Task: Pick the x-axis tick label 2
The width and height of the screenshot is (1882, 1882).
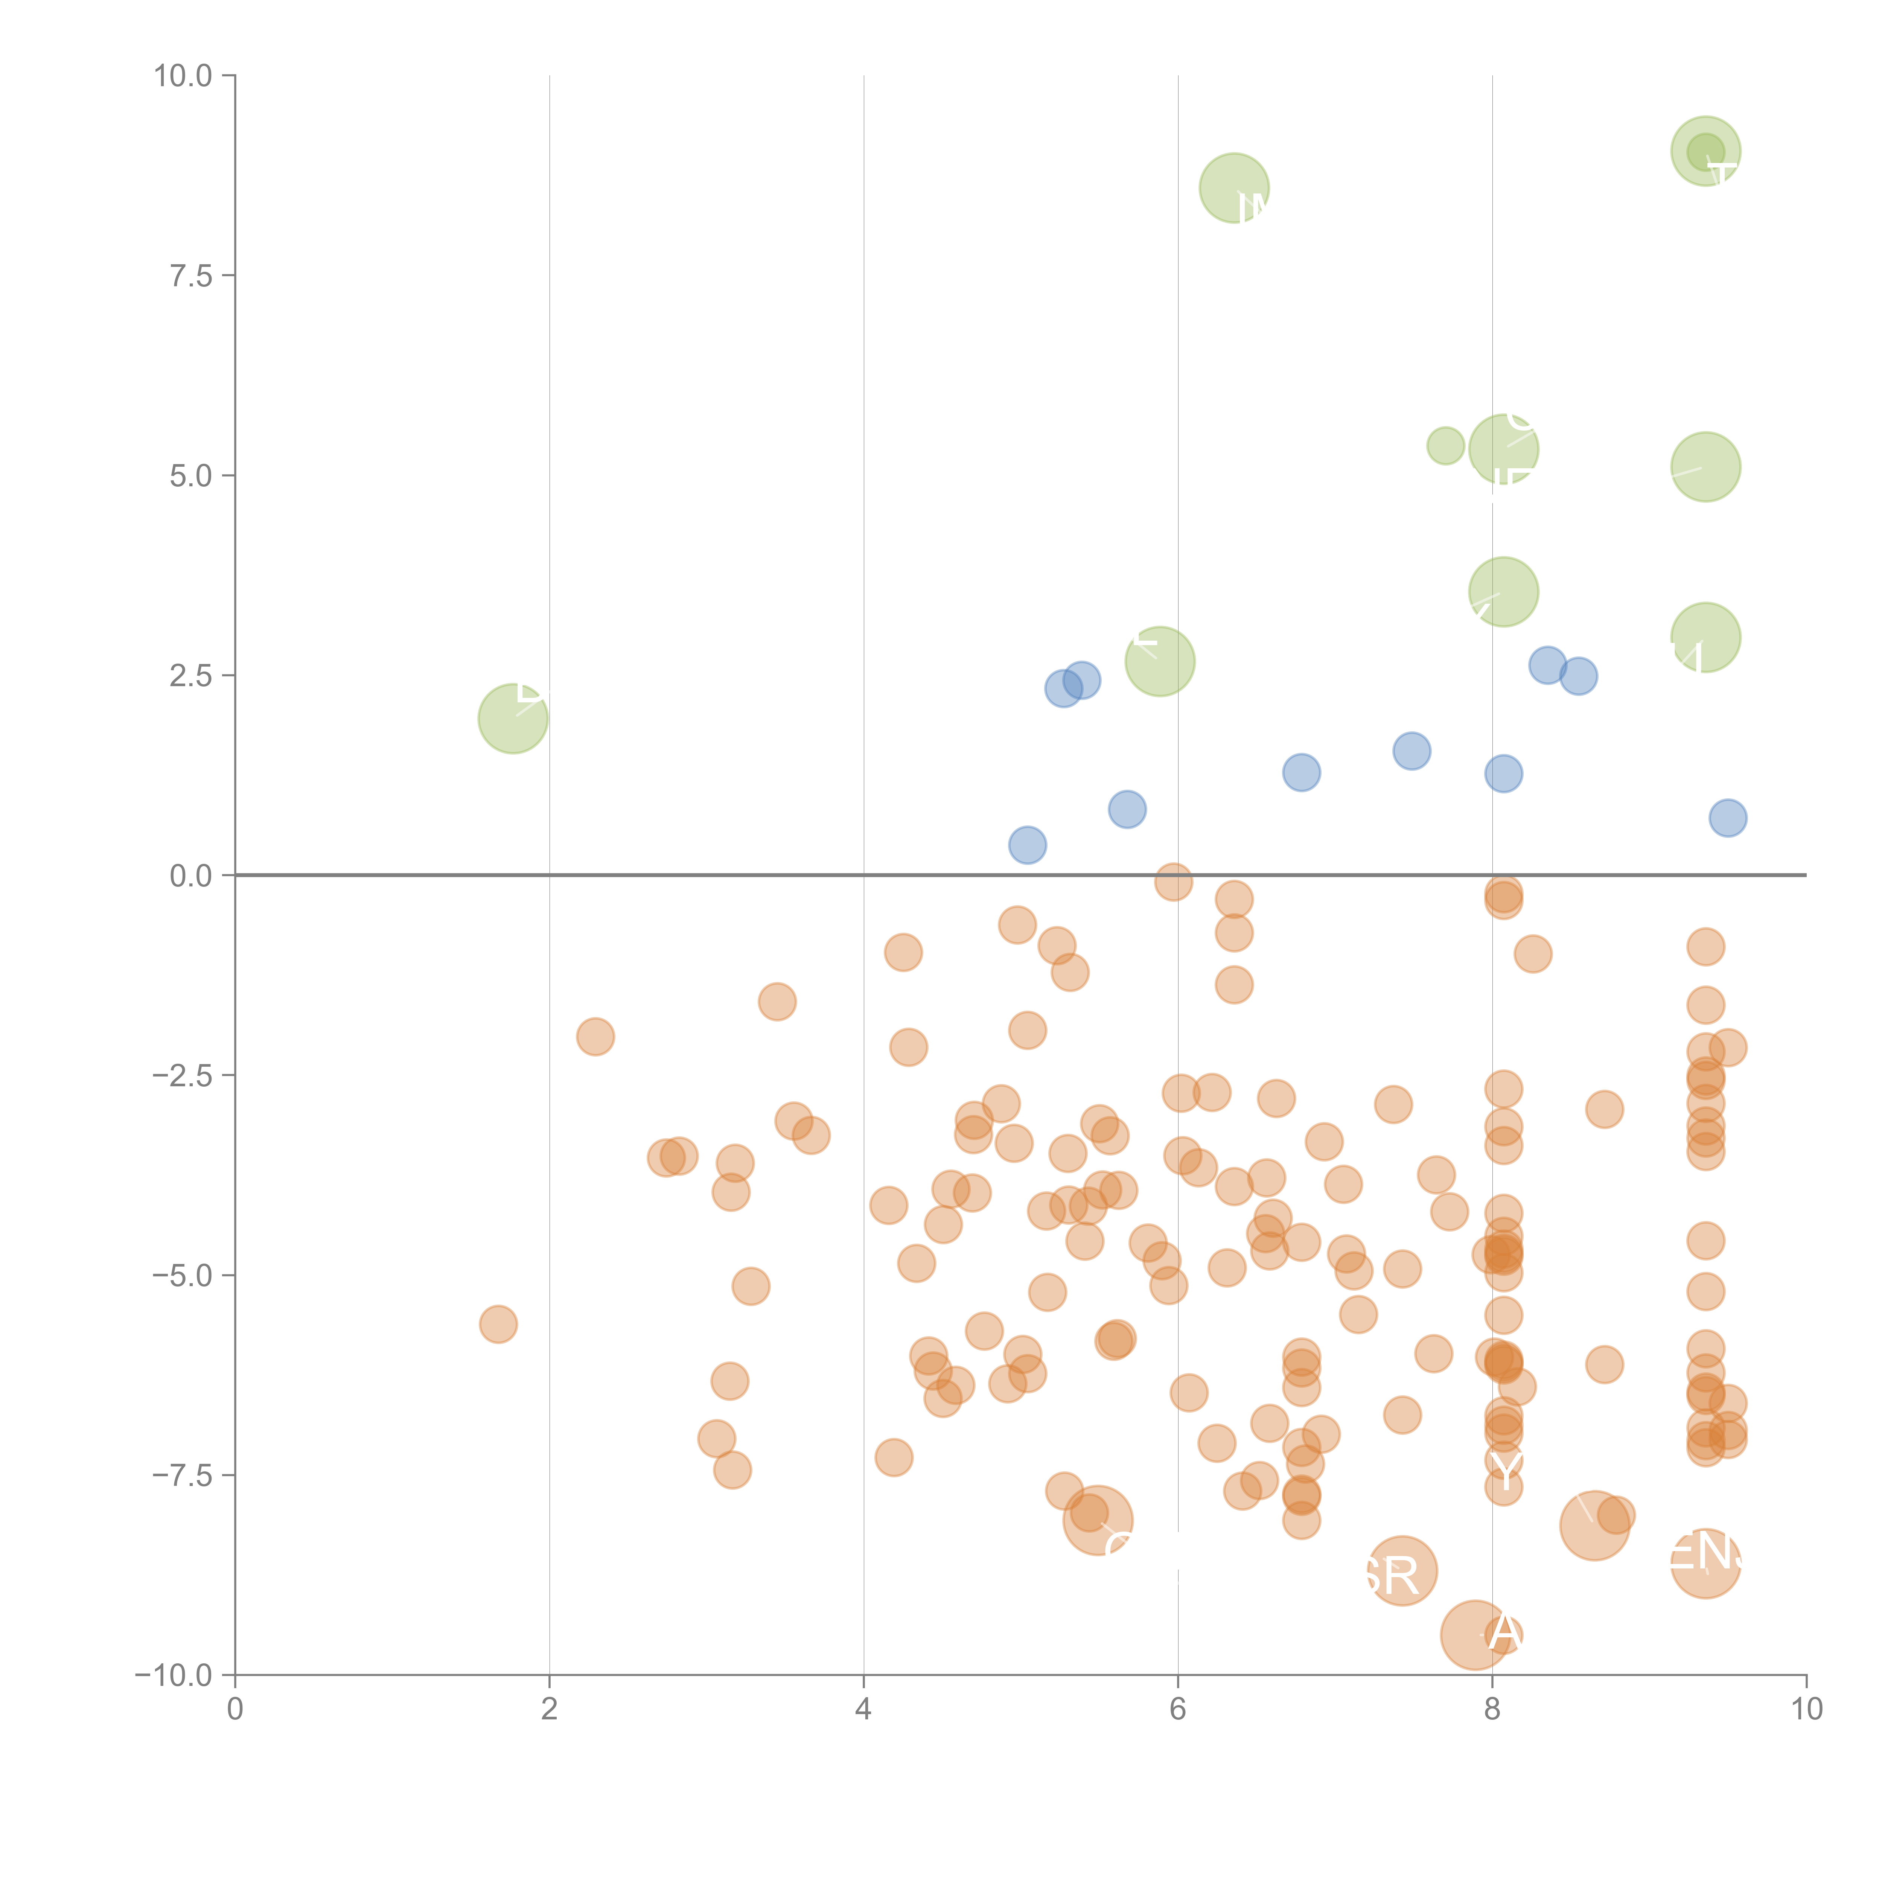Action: pyautogui.click(x=550, y=1710)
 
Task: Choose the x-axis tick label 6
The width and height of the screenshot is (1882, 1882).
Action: pyautogui.click(x=1178, y=1710)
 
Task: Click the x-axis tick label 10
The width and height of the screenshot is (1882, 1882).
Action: pyautogui.click(x=1806, y=1710)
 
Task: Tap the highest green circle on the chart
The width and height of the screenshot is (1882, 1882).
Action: pyautogui.click(x=1706, y=151)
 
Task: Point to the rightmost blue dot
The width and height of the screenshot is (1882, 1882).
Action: pyautogui.click(x=1727, y=818)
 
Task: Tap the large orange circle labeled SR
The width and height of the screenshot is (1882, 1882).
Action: pyautogui.click(x=1402, y=1570)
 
